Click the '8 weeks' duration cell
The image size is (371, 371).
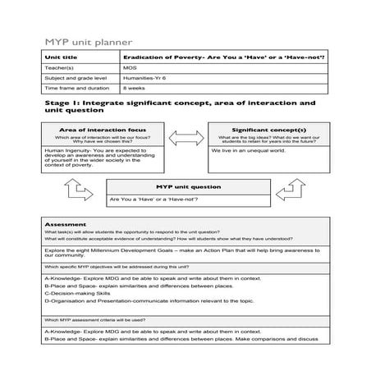tap(135, 87)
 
